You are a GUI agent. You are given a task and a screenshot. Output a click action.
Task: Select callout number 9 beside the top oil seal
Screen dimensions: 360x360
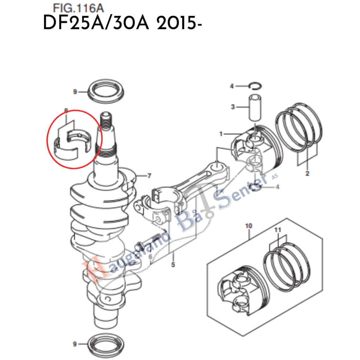point(75,92)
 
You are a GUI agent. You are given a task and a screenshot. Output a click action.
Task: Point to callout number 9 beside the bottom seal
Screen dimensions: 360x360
point(75,343)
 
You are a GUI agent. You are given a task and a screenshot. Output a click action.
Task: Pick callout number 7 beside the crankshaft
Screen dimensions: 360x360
point(149,175)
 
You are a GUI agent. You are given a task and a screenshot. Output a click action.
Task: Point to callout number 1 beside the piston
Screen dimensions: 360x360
point(221,134)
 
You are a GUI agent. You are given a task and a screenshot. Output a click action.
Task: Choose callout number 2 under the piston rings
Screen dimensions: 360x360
point(307,173)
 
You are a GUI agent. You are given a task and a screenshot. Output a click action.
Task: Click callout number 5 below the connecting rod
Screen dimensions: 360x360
point(173,264)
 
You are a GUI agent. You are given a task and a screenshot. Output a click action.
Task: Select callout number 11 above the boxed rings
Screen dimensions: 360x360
point(278,230)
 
